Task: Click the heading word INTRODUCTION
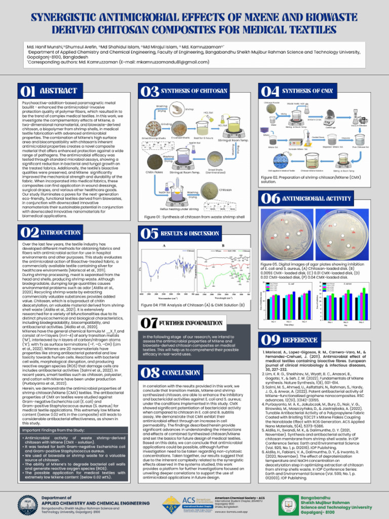pyautogui.click(x=60, y=232)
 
